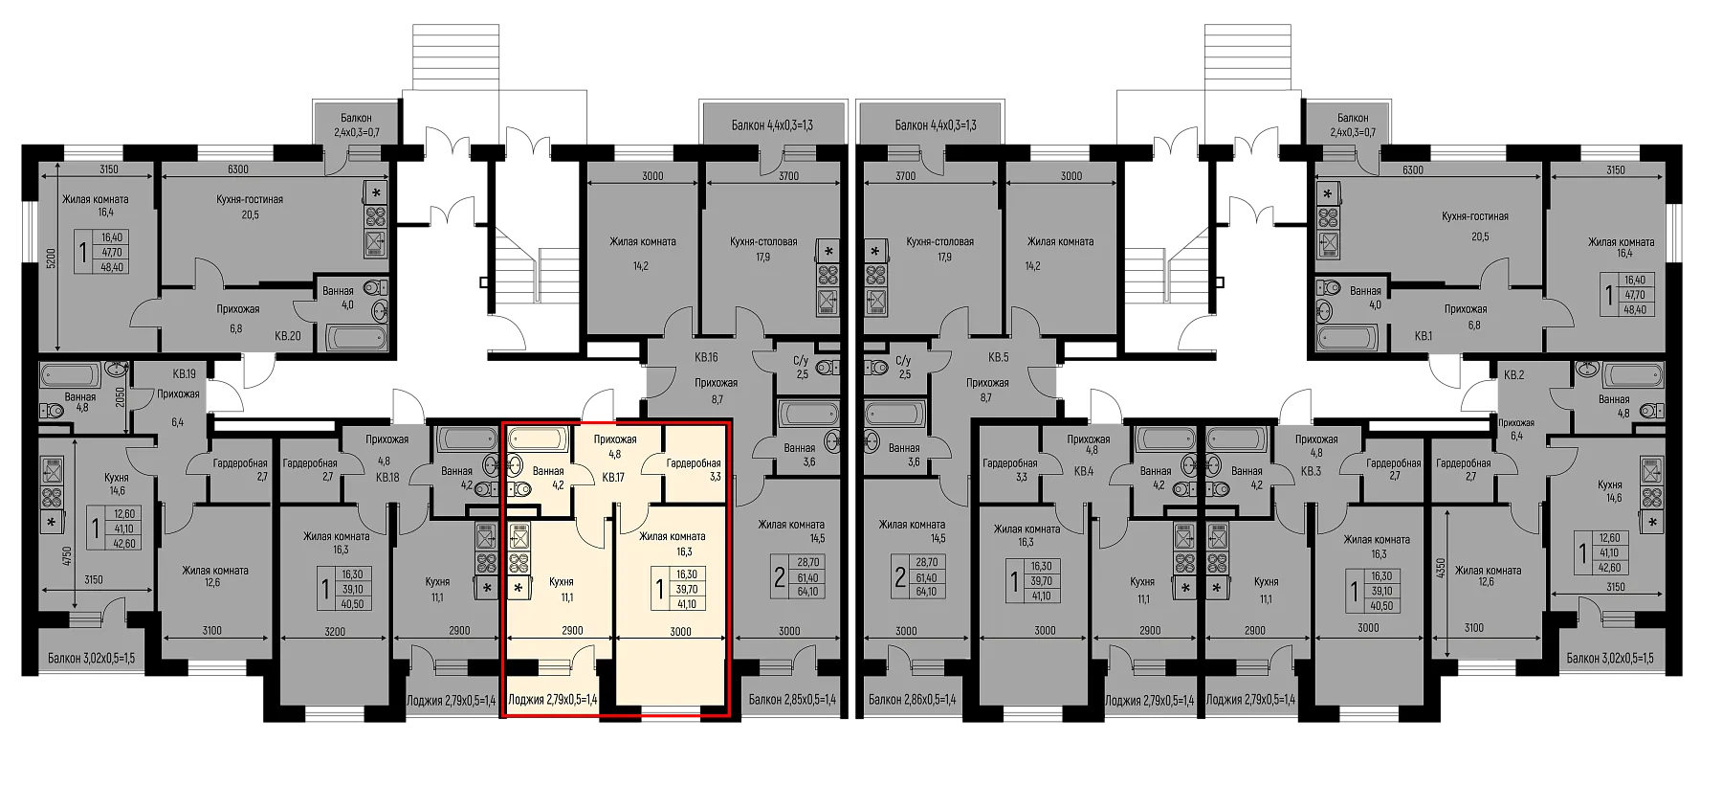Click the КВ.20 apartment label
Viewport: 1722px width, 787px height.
287,336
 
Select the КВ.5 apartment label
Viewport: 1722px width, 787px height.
999,357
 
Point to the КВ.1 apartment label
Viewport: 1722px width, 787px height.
1424,336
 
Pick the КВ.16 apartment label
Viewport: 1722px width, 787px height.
706,357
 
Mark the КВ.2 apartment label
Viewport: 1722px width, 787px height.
1512,374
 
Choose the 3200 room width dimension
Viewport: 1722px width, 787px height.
334,631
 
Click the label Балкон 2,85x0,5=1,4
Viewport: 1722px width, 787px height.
792,700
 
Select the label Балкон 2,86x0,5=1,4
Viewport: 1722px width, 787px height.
912,700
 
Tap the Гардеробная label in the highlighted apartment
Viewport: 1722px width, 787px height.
694,462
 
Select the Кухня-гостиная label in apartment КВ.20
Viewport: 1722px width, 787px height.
250,199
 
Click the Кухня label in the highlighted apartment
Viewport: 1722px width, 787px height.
562,581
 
